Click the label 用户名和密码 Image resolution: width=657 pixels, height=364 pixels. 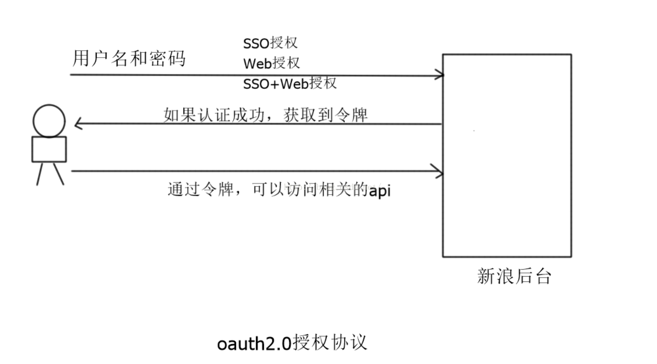point(129,59)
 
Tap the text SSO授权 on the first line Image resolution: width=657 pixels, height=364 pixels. point(270,43)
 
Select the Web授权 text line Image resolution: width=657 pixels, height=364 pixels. point(271,63)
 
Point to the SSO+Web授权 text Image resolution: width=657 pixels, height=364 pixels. point(289,84)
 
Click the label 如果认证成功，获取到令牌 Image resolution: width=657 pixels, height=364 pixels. point(265,114)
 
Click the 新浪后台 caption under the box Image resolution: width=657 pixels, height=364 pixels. point(514,276)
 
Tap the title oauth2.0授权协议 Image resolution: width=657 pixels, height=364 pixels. point(292,343)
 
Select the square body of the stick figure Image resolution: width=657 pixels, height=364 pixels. point(49,149)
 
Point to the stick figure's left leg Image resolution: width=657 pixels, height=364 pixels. point(40,174)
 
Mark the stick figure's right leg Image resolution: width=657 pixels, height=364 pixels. point(58,174)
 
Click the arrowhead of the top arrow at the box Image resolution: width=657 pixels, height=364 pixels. point(440,75)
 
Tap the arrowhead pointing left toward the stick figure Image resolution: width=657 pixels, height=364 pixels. point(78,124)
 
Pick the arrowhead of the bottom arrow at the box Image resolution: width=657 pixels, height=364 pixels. point(440,171)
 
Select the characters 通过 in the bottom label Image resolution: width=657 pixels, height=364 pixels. point(182,190)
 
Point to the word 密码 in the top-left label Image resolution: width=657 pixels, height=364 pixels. point(168,59)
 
